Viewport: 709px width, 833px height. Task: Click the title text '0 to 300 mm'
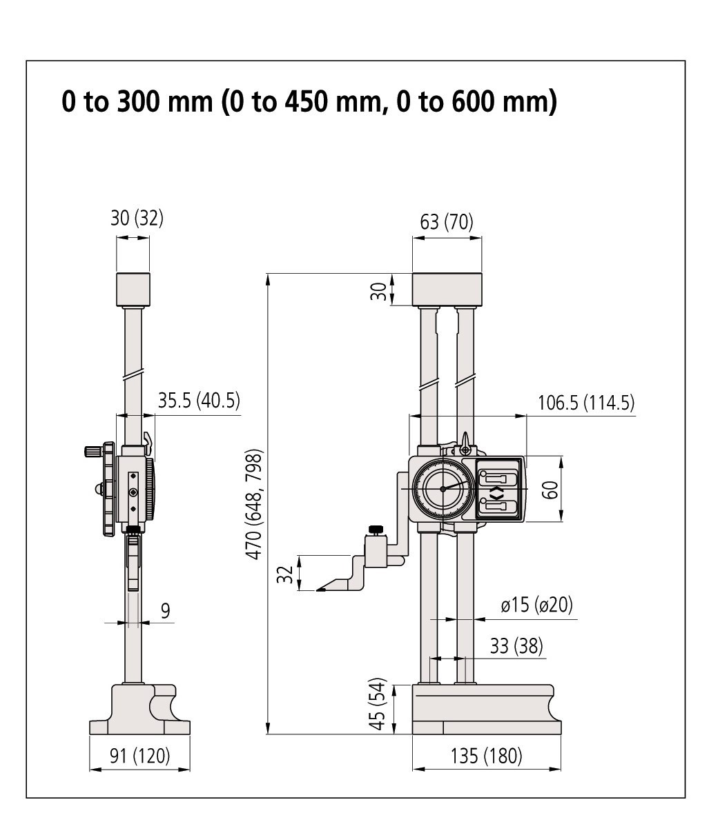(x=137, y=101)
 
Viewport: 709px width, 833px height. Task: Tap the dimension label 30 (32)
(x=137, y=218)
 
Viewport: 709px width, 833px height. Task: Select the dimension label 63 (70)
(x=446, y=221)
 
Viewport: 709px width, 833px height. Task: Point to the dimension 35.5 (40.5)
(x=199, y=400)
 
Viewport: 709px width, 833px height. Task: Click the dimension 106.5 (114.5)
(x=586, y=402)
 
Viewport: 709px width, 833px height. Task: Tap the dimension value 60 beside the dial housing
(x=551, y=490)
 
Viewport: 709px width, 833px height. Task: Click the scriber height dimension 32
(x=285, y=574)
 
